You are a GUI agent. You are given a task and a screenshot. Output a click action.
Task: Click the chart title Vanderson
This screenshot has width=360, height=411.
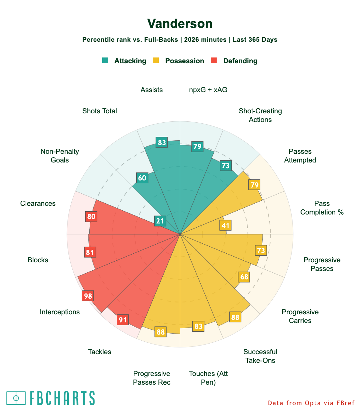click(x=180, y=24)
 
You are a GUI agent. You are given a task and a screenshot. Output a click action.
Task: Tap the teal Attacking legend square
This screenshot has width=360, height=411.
click(x=105, y=60)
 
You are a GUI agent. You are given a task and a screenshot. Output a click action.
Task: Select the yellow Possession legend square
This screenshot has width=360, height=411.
click(x=156, y=60)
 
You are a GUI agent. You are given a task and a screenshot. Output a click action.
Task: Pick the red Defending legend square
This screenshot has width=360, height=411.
click(x=214, y=60)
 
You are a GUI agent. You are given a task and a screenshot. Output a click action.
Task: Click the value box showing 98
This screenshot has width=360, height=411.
click(x=88, y=296)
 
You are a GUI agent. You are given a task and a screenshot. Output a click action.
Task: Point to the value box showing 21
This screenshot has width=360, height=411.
click(x=160, y=221)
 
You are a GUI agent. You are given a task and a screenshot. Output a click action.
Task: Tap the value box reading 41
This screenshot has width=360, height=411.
click(x=225, y=225)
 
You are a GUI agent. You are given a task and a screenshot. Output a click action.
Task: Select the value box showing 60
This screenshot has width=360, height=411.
click(x=142, y=178)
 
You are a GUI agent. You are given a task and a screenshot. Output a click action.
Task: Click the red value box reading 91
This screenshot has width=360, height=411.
click(x=123, y=320)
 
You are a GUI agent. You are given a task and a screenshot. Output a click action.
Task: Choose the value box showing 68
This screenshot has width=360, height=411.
click(x=244, y=276)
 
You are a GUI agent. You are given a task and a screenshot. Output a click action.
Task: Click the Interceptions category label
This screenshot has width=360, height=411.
click(x=60, y=312)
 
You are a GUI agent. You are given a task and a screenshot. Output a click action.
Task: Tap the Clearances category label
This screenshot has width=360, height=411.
click(x=38, y=203)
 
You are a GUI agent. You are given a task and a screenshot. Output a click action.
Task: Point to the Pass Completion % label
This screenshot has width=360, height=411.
click(x=322, y=208)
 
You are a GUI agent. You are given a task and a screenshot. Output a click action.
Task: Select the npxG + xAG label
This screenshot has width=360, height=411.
click(x=208, y=90)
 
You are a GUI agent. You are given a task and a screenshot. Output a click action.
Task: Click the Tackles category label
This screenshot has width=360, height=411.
click(x=100, y=352)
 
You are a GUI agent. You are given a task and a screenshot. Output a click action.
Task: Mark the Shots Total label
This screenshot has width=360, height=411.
click(x=100, y=111)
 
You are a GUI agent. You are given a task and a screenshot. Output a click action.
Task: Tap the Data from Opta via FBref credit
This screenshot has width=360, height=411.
click(x=311, y=403)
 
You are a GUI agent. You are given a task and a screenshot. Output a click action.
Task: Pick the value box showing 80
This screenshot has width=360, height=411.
click(x=91, y=216)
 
